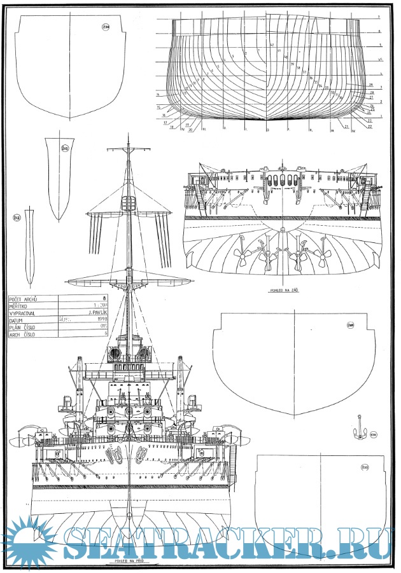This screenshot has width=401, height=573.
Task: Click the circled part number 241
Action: point(65,149)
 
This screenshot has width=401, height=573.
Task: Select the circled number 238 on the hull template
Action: point(105,27)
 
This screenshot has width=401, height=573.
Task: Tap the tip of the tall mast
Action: point(128,135)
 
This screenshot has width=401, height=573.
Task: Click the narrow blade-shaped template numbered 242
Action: point(29,248)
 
